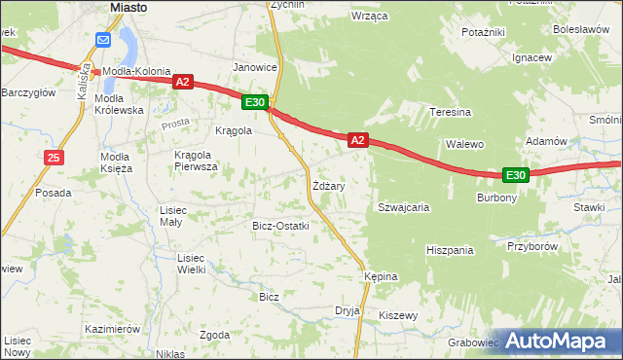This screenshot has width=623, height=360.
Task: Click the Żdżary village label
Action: coord(328,185)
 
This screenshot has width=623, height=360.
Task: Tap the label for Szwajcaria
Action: coord(404,207)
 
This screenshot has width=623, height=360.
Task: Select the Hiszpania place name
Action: coord(450,250)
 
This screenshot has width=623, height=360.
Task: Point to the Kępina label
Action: coord(381,276)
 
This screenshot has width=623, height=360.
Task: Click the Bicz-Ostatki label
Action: coord(280,226)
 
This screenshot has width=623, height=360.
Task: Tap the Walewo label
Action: coord(465,144)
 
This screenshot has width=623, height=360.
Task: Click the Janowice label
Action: coord(255,67)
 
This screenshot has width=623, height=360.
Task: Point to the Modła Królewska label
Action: coord(120,105)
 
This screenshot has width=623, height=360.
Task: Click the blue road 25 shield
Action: coord(54,157)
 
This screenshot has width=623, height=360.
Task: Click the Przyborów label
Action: coord(531,246)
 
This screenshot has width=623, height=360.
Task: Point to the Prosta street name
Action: coord(176,125)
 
